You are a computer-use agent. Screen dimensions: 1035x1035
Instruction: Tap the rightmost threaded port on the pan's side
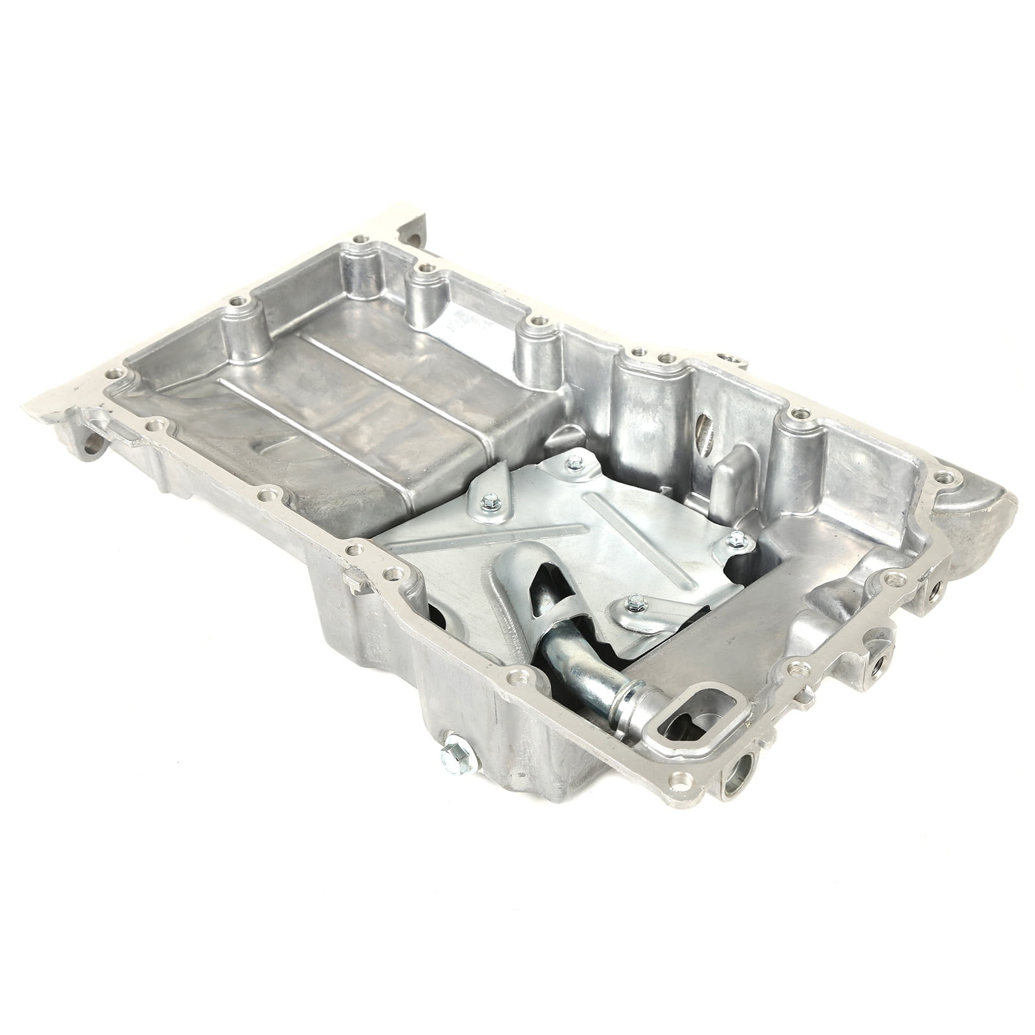coord(937,588)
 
